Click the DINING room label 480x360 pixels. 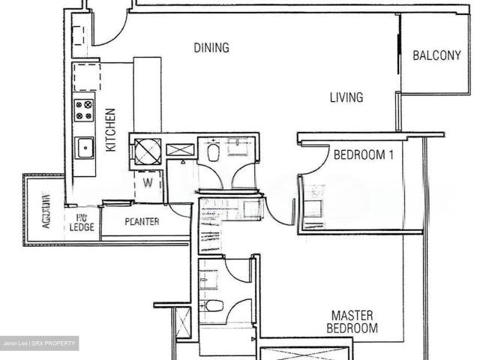pos(211,48)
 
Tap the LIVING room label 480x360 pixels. pos(346,97)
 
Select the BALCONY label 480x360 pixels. pos(436,55)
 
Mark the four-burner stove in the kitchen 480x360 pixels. pos(84,112)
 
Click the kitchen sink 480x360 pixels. pos(84,147)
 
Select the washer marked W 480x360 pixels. pos(147,182)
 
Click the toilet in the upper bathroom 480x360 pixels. pos(214,153)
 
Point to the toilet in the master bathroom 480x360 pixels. pos(214,305)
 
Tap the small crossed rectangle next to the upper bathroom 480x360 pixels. pos(180,149)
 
